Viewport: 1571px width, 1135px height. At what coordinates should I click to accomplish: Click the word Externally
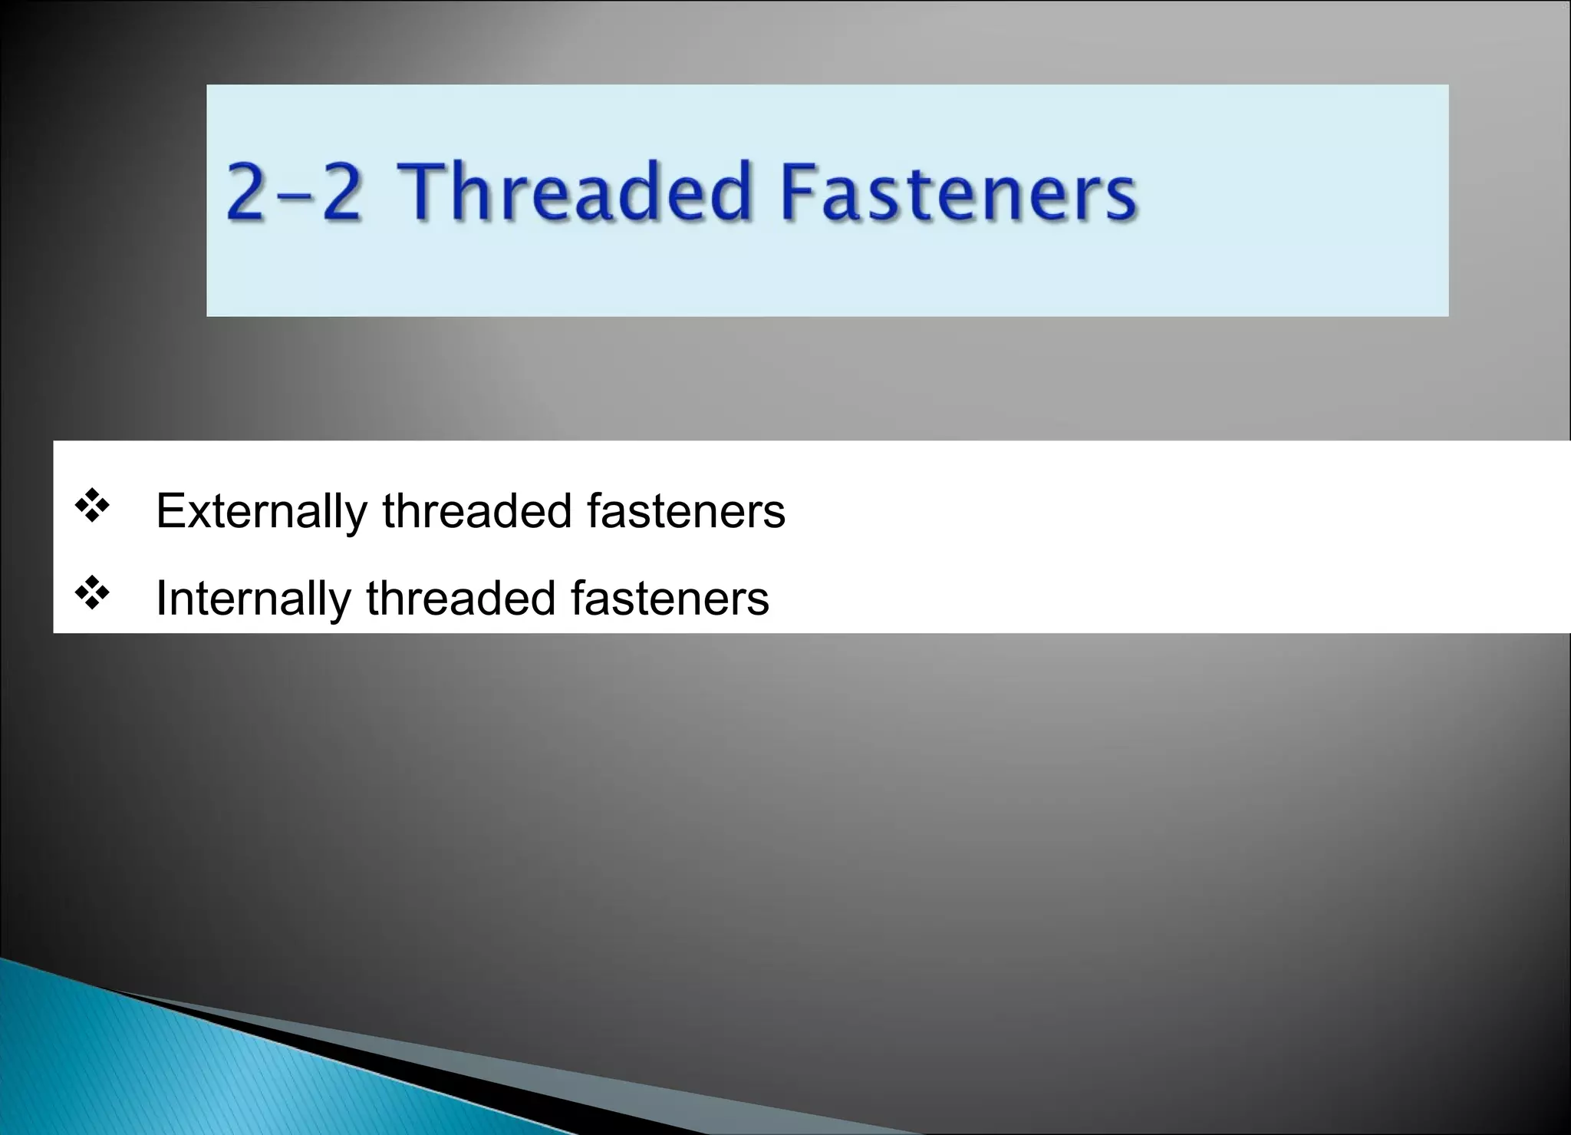click(261, 511)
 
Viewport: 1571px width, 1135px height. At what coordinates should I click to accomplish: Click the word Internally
click(252, 598)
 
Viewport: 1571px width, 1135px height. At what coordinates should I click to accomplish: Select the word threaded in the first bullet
click(476, 511)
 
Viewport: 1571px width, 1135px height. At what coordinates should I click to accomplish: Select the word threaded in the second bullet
click(460, 598)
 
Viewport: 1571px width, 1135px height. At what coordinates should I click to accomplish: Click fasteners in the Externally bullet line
click(686, 511)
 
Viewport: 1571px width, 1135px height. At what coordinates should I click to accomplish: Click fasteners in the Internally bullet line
click(670, 598)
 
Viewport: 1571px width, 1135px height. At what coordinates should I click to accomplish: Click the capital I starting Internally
click(161, 598)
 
